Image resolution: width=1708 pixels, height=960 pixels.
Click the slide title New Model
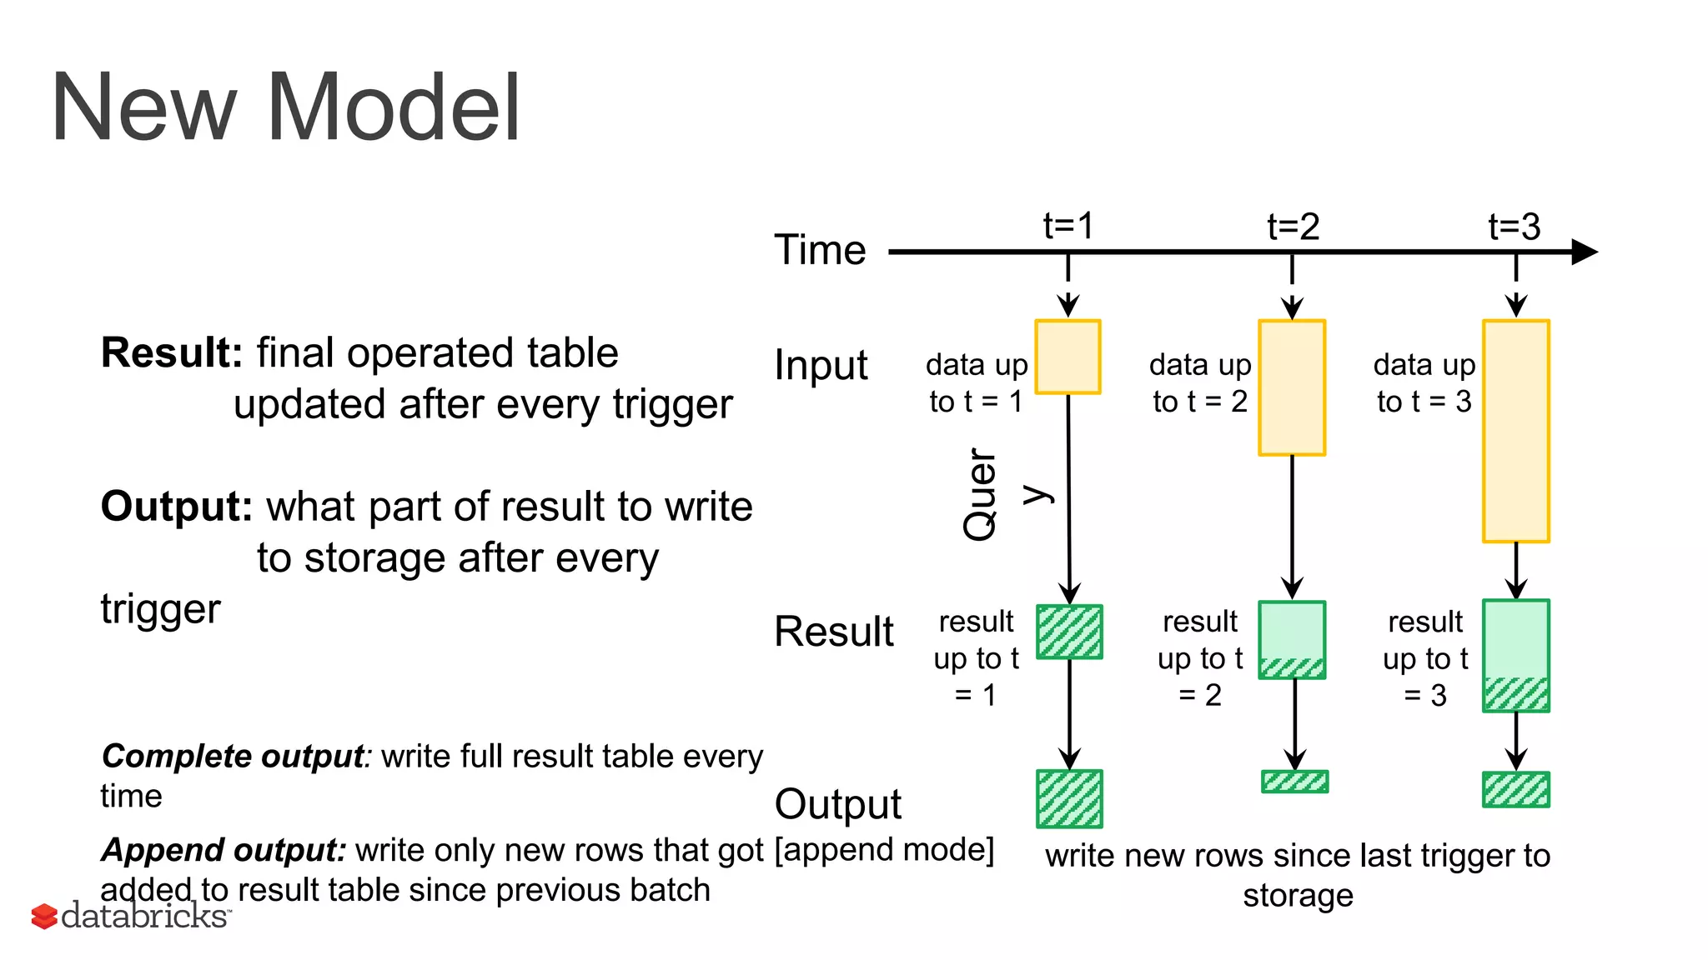tap(285, 108)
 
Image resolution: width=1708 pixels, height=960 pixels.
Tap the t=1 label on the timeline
tap(1068, 226)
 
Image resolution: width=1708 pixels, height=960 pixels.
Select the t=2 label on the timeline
tap(1293, 227)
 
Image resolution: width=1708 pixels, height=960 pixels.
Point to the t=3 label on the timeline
tap(1515, 227)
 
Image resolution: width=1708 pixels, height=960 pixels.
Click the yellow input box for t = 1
tap(1067, 357)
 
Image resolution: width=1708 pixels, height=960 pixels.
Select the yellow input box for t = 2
tap(1292, 387)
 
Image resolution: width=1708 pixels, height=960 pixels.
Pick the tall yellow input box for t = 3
tap(1515, 431)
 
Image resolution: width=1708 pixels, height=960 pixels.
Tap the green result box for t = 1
tap(1069, 632)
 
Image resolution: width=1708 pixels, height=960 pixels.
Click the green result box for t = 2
tap(1292, 640)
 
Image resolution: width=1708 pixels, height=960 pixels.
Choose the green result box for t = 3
tap(1515, 656)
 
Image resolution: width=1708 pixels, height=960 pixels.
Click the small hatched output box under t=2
tap(1294, 782)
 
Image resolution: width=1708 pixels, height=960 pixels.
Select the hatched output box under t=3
tap(1515, 790)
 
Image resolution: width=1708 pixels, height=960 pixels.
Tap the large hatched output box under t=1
tap(1069, 799)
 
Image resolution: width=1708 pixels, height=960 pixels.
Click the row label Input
tap(821, 365)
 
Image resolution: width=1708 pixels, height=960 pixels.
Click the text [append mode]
tap(884, 850)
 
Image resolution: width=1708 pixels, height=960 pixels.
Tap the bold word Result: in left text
tap(171, 352)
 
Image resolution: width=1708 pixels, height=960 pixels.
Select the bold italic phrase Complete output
tap(233, 757)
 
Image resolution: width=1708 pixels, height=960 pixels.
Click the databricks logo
tap(131, 916)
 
